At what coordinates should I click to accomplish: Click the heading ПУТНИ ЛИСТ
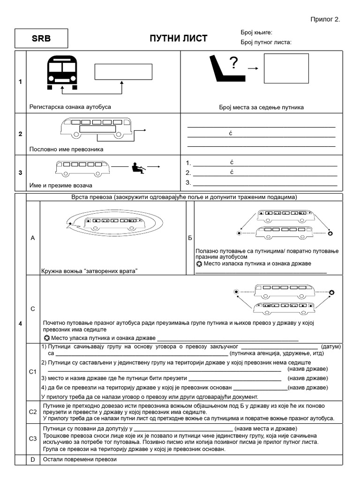pyautogui.click(x=178, y=38)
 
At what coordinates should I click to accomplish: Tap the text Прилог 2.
pyautogui.click(x=325, y=19)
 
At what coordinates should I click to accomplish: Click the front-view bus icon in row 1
pyautogui.click(x=62, y=72)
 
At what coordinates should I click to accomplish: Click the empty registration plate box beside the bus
pyautogui.click(x=123, y=72)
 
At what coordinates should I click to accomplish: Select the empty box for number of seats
pyautogui.click(x=286, y=68)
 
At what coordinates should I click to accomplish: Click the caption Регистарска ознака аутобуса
pyautogui.click(x=70, y=107)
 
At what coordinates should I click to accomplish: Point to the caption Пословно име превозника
pyautogui.click(x=66, y=149)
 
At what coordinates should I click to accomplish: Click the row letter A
pyautogui.click(x=33, y=238)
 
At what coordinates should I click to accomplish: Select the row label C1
pyautogui.click(x=33, y=372)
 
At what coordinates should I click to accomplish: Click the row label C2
pyautogui.click(x=33, y=412)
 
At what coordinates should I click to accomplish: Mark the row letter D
pyautogui.click(x=33, y=459)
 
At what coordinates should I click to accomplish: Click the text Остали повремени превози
pyautogui.click(x=79, y=459)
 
